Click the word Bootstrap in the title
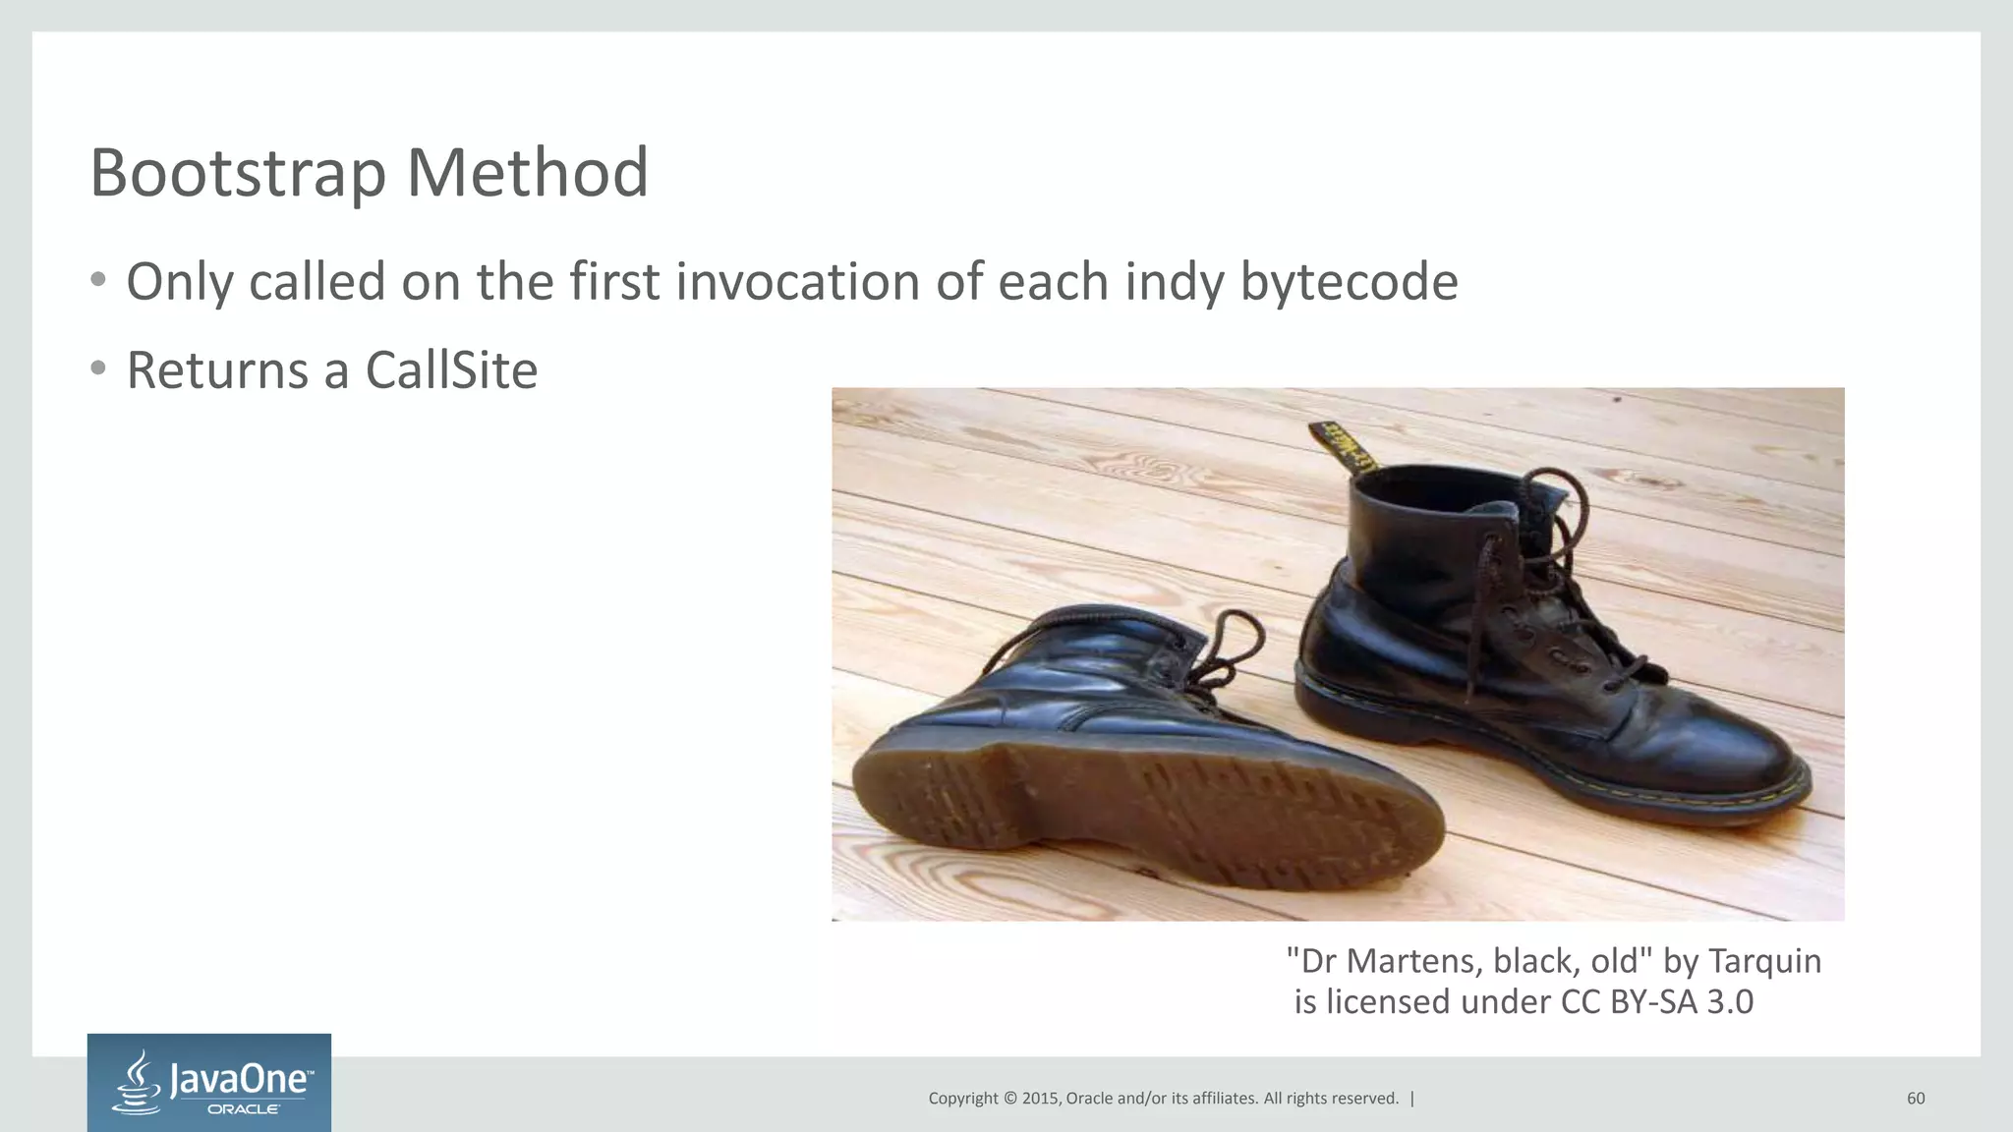tap(238, 173)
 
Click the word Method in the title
tap(527, 173)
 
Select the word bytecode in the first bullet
tap(1349, 282)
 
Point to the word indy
tap(1175, 282)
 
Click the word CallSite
tap(451, 371)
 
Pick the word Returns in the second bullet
tap(217, 371)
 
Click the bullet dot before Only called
tap(97, 281)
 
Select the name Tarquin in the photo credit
tap(1764, 960)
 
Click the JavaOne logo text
tap(242, 1080)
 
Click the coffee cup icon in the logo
tap(139, 1083)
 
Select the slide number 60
tap(1916, 1099)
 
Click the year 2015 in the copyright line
tap(1040, 1099)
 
